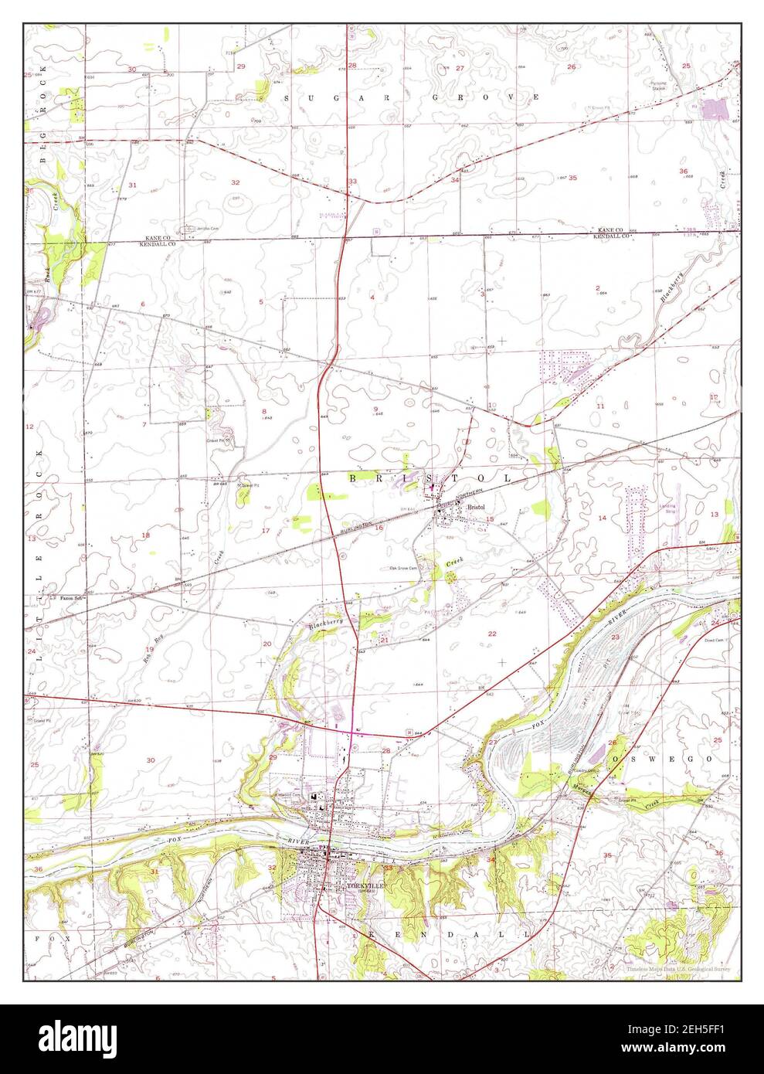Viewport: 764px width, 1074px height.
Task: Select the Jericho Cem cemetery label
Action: coord(197,229)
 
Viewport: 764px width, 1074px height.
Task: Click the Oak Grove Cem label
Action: coord(402,568)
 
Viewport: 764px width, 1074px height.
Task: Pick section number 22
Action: coord(491,634)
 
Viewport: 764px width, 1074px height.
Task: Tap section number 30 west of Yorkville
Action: coord(151,760)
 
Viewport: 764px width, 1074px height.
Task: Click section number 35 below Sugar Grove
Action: coord(572,178)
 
